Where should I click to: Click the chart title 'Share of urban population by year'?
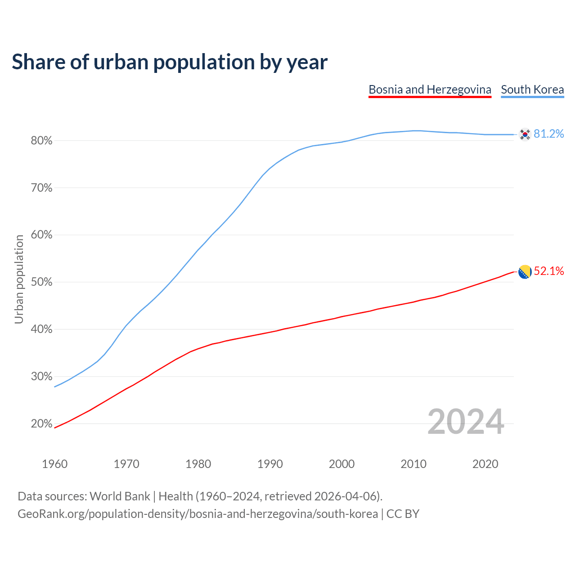click(170, 62)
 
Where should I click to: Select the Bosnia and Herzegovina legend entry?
click(430, 90)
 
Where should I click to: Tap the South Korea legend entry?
click(532, 90)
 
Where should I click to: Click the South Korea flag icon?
click(525, 134)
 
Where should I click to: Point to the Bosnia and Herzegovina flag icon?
click(525, 272)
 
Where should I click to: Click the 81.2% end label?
click(549, 134)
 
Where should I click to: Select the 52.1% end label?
click(549, 271)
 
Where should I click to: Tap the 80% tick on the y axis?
click(41, 141)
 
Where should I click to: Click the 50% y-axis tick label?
click(41, 282)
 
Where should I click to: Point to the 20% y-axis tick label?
click(41, 423)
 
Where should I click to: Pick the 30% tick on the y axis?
click(41, 376)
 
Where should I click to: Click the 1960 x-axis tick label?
click(54, 464)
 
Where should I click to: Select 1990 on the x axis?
click(270, 464)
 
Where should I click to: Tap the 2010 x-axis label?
click(414, 464)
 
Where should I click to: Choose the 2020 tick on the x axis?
click(485, 464)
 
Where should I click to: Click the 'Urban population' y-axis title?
click(19, 279)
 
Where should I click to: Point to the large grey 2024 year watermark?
click(466, 422)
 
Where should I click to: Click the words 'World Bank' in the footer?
click(120, 496)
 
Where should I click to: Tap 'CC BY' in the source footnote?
click(403, 514)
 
